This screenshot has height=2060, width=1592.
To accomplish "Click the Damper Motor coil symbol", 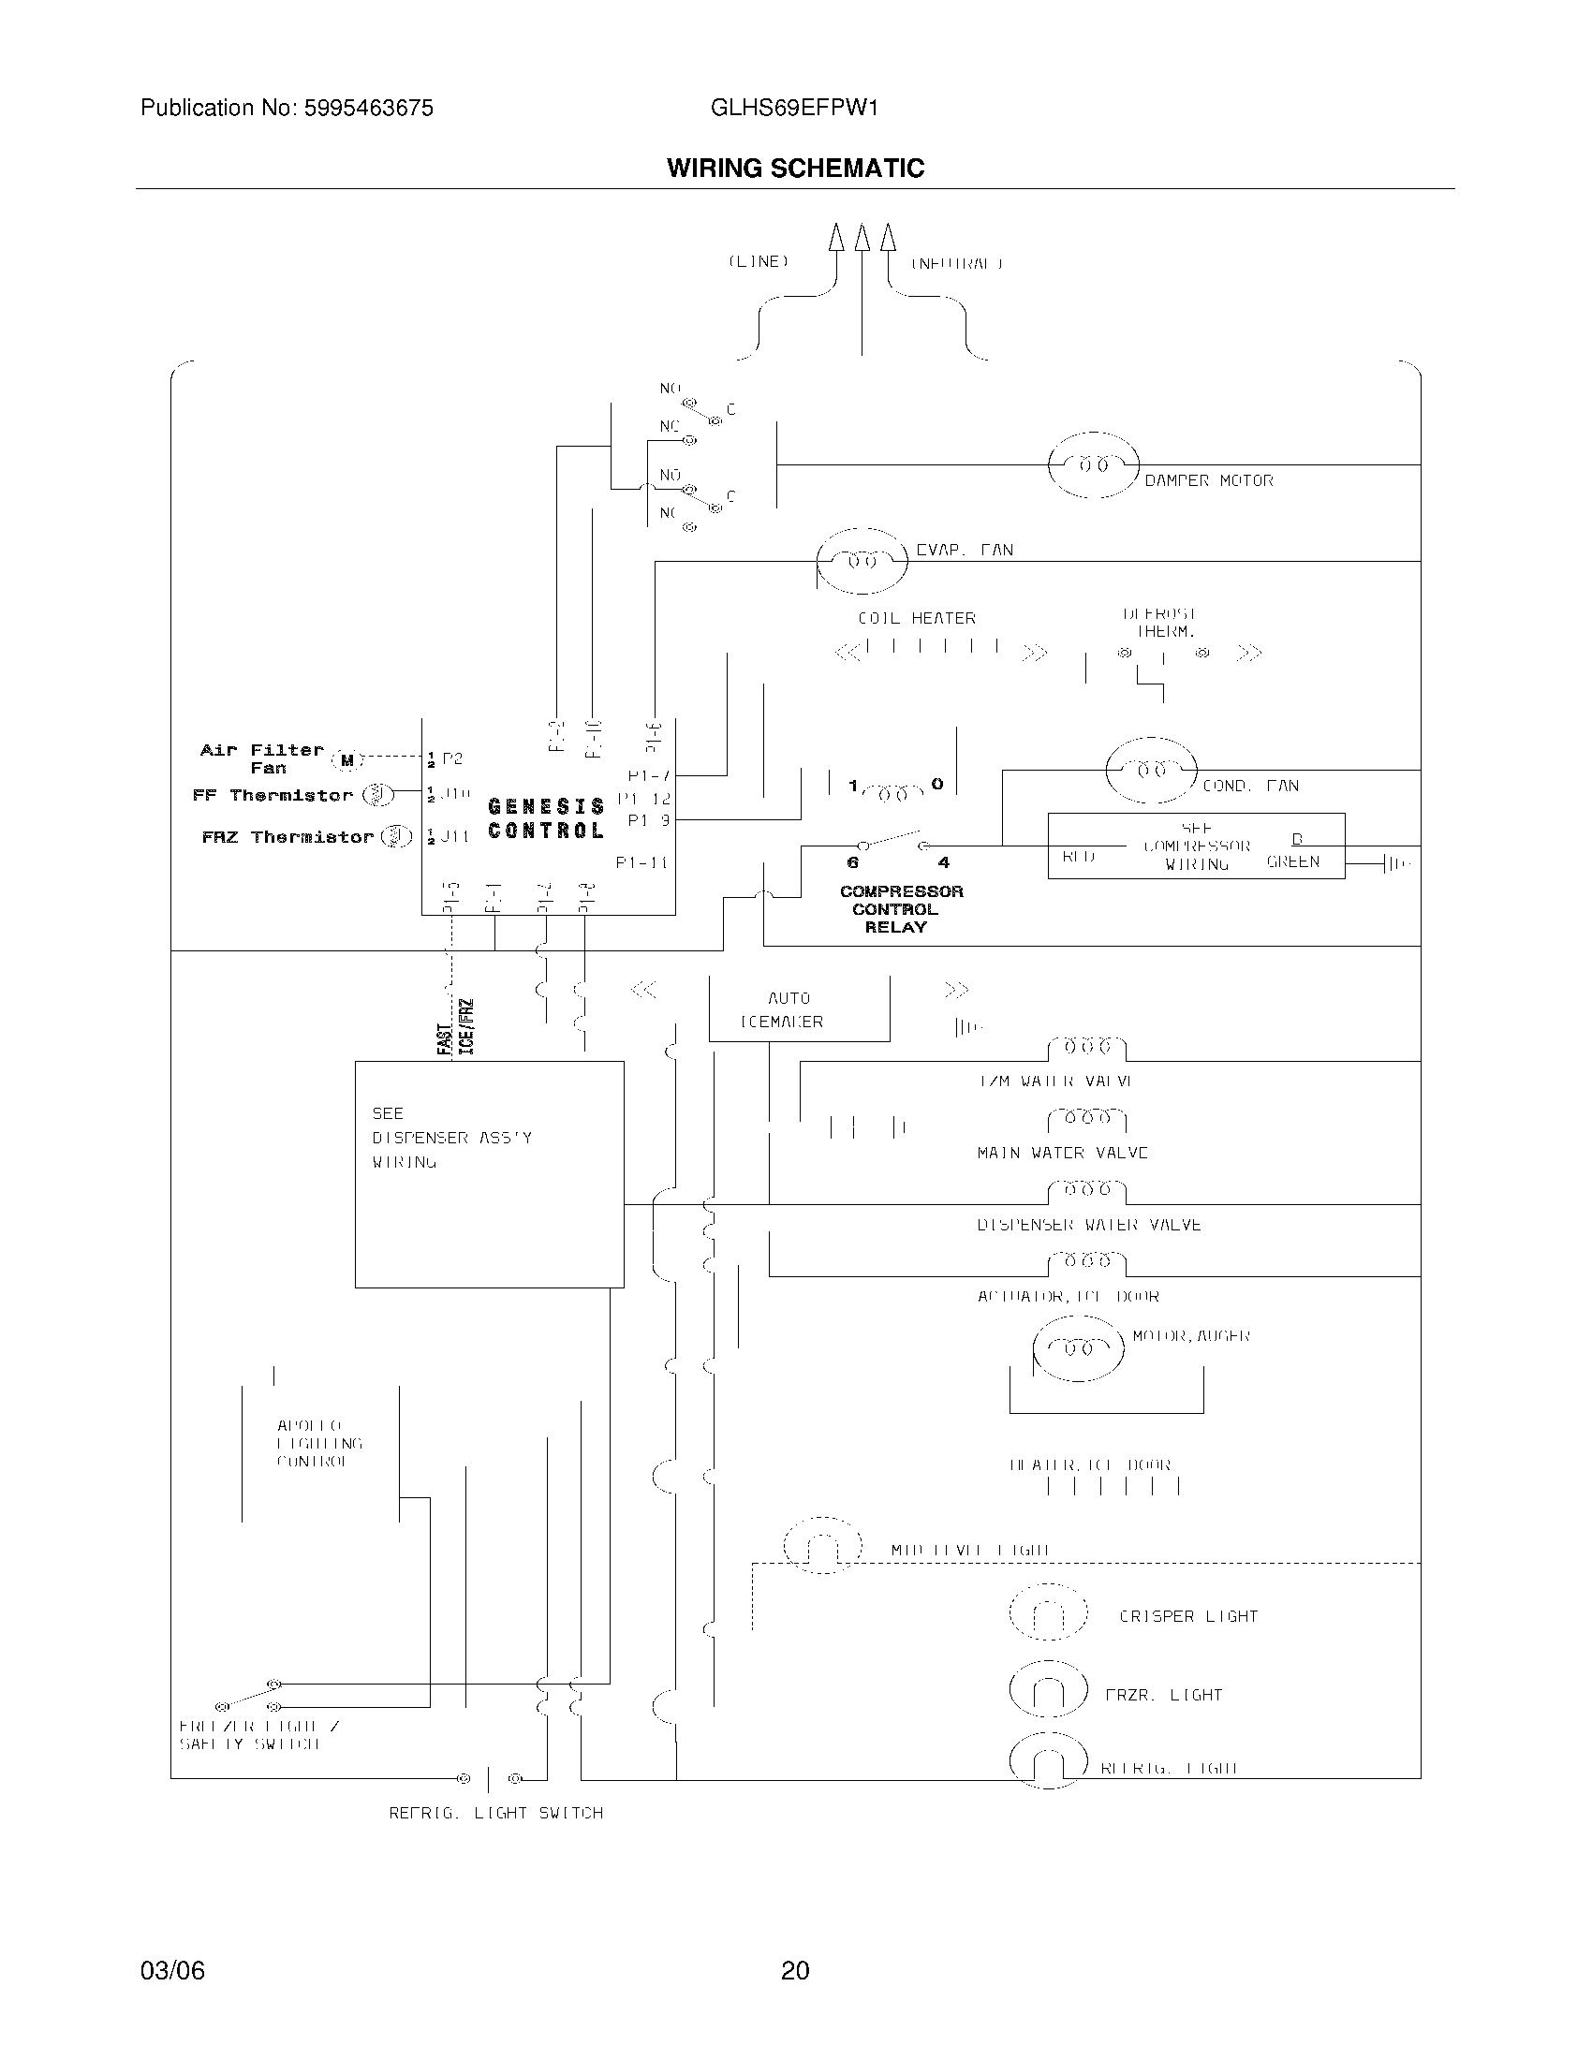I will coord(1093,464).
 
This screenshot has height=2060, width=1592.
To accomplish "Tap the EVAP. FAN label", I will coord(964,550).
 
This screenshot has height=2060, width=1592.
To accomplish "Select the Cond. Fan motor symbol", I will coord(1151,770).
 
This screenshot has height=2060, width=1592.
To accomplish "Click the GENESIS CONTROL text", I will coord(546,817).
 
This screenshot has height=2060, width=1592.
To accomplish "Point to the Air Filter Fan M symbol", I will coord(347,759).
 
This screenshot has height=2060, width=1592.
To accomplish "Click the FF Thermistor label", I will coord(272,795).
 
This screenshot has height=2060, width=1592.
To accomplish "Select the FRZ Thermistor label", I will coord(287,836).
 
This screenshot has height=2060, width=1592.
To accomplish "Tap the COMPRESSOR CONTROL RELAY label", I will coord(901,908).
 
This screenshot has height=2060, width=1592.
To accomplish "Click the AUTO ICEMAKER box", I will coord(798,1009).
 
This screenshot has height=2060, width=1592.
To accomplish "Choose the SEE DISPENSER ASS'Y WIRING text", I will coord(450,1137).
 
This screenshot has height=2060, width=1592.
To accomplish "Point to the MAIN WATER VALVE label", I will coord(1062,1153).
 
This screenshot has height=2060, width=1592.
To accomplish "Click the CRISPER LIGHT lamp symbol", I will coord(1048,1616).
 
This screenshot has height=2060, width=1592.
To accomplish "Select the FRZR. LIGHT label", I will coord(1163,1695).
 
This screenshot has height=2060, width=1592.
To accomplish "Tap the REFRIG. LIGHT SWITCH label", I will coord(496,1812).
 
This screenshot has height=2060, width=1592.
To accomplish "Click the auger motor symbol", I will coord(1078,1347).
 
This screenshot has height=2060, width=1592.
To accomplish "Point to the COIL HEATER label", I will coord(916,618).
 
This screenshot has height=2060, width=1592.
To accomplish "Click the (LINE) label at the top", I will coord(758,261).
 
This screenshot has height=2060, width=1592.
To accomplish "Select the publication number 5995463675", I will coord(368,109).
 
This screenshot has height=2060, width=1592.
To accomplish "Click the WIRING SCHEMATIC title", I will coord(795,168).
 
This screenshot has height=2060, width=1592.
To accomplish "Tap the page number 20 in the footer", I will coord(795,1970).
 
